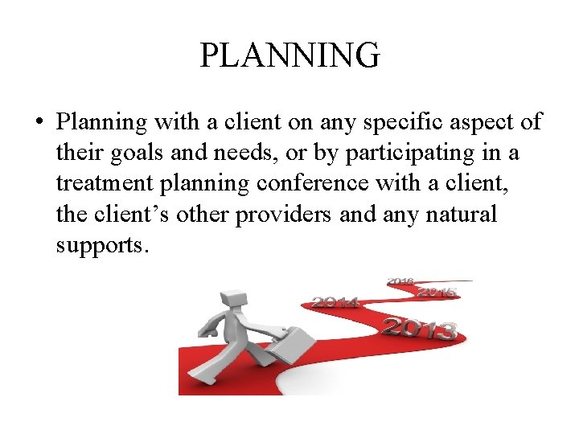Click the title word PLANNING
pos(289,55)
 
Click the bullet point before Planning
pos(39,124)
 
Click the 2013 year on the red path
pos(419,328)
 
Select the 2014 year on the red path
pos(335,302)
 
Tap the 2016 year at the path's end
pos(400,281)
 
